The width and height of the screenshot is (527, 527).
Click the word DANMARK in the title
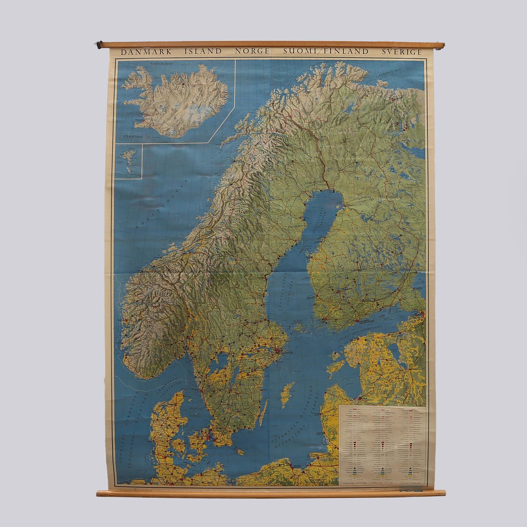(146, 52)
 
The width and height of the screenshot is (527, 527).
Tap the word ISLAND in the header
(203, 51)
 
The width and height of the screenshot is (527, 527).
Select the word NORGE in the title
(252, 51)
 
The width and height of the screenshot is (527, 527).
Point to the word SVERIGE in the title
(402, 52)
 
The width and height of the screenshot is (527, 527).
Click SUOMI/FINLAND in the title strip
(326, 51)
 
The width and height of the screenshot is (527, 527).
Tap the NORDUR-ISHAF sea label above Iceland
(162, 64)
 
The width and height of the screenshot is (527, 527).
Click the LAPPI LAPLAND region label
(348, 141)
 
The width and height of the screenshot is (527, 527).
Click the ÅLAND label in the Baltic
(298, 321)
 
